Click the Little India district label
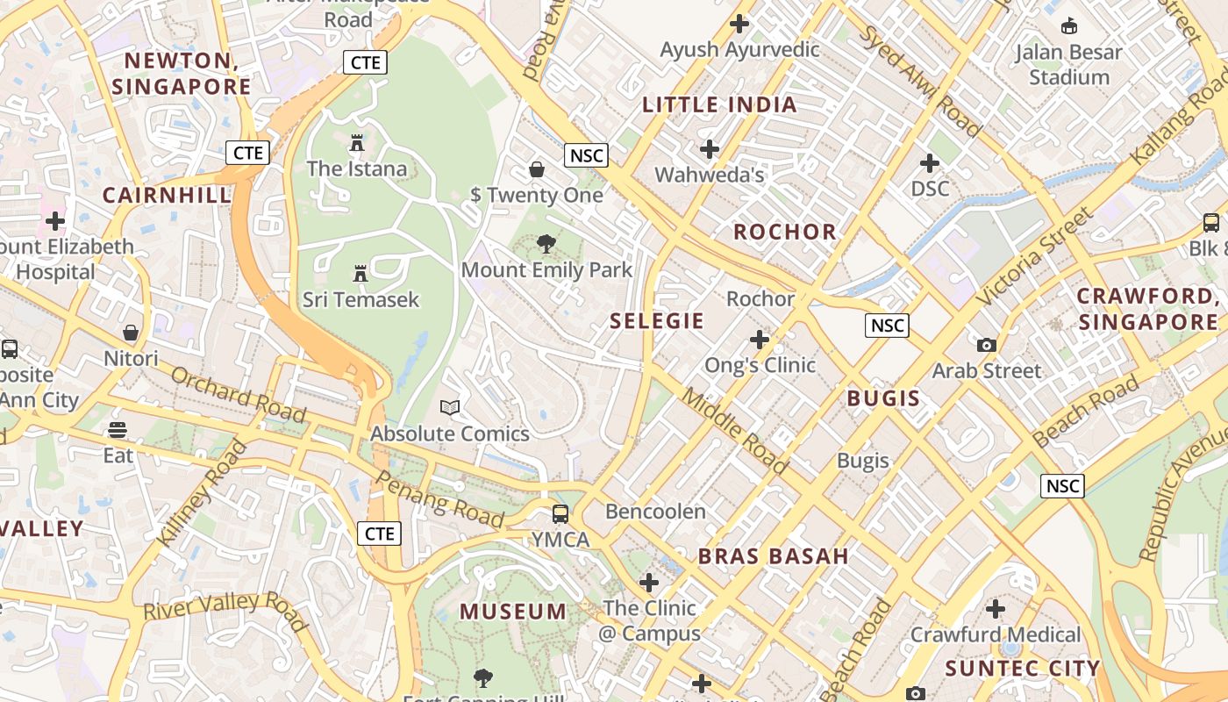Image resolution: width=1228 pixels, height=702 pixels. pos(719,105)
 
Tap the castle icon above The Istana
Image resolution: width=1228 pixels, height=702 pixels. pos(357,142)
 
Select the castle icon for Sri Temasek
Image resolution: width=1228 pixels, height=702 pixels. pos(361,274)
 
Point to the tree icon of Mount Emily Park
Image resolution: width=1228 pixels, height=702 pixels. pos(546,243)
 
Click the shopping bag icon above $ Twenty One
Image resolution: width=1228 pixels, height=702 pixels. pos(537,168)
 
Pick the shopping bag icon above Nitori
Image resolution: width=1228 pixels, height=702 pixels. pos(131,333)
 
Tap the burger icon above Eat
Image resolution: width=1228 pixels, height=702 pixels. pos(118,430)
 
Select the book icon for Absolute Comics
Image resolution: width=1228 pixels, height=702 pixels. pos(450,407)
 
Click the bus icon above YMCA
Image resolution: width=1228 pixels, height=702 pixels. pos(560,513)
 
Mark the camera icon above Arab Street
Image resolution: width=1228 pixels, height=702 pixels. pos(987,345)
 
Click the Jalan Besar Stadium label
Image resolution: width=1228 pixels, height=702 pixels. pos(1068,65)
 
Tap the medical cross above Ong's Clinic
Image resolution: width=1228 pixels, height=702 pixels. pos(760,339)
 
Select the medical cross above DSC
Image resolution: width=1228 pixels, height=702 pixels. pos(930,163)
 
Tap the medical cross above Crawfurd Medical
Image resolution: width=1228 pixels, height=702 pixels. pos(996,608)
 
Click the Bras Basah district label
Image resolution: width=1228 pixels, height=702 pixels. pos(773,556)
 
